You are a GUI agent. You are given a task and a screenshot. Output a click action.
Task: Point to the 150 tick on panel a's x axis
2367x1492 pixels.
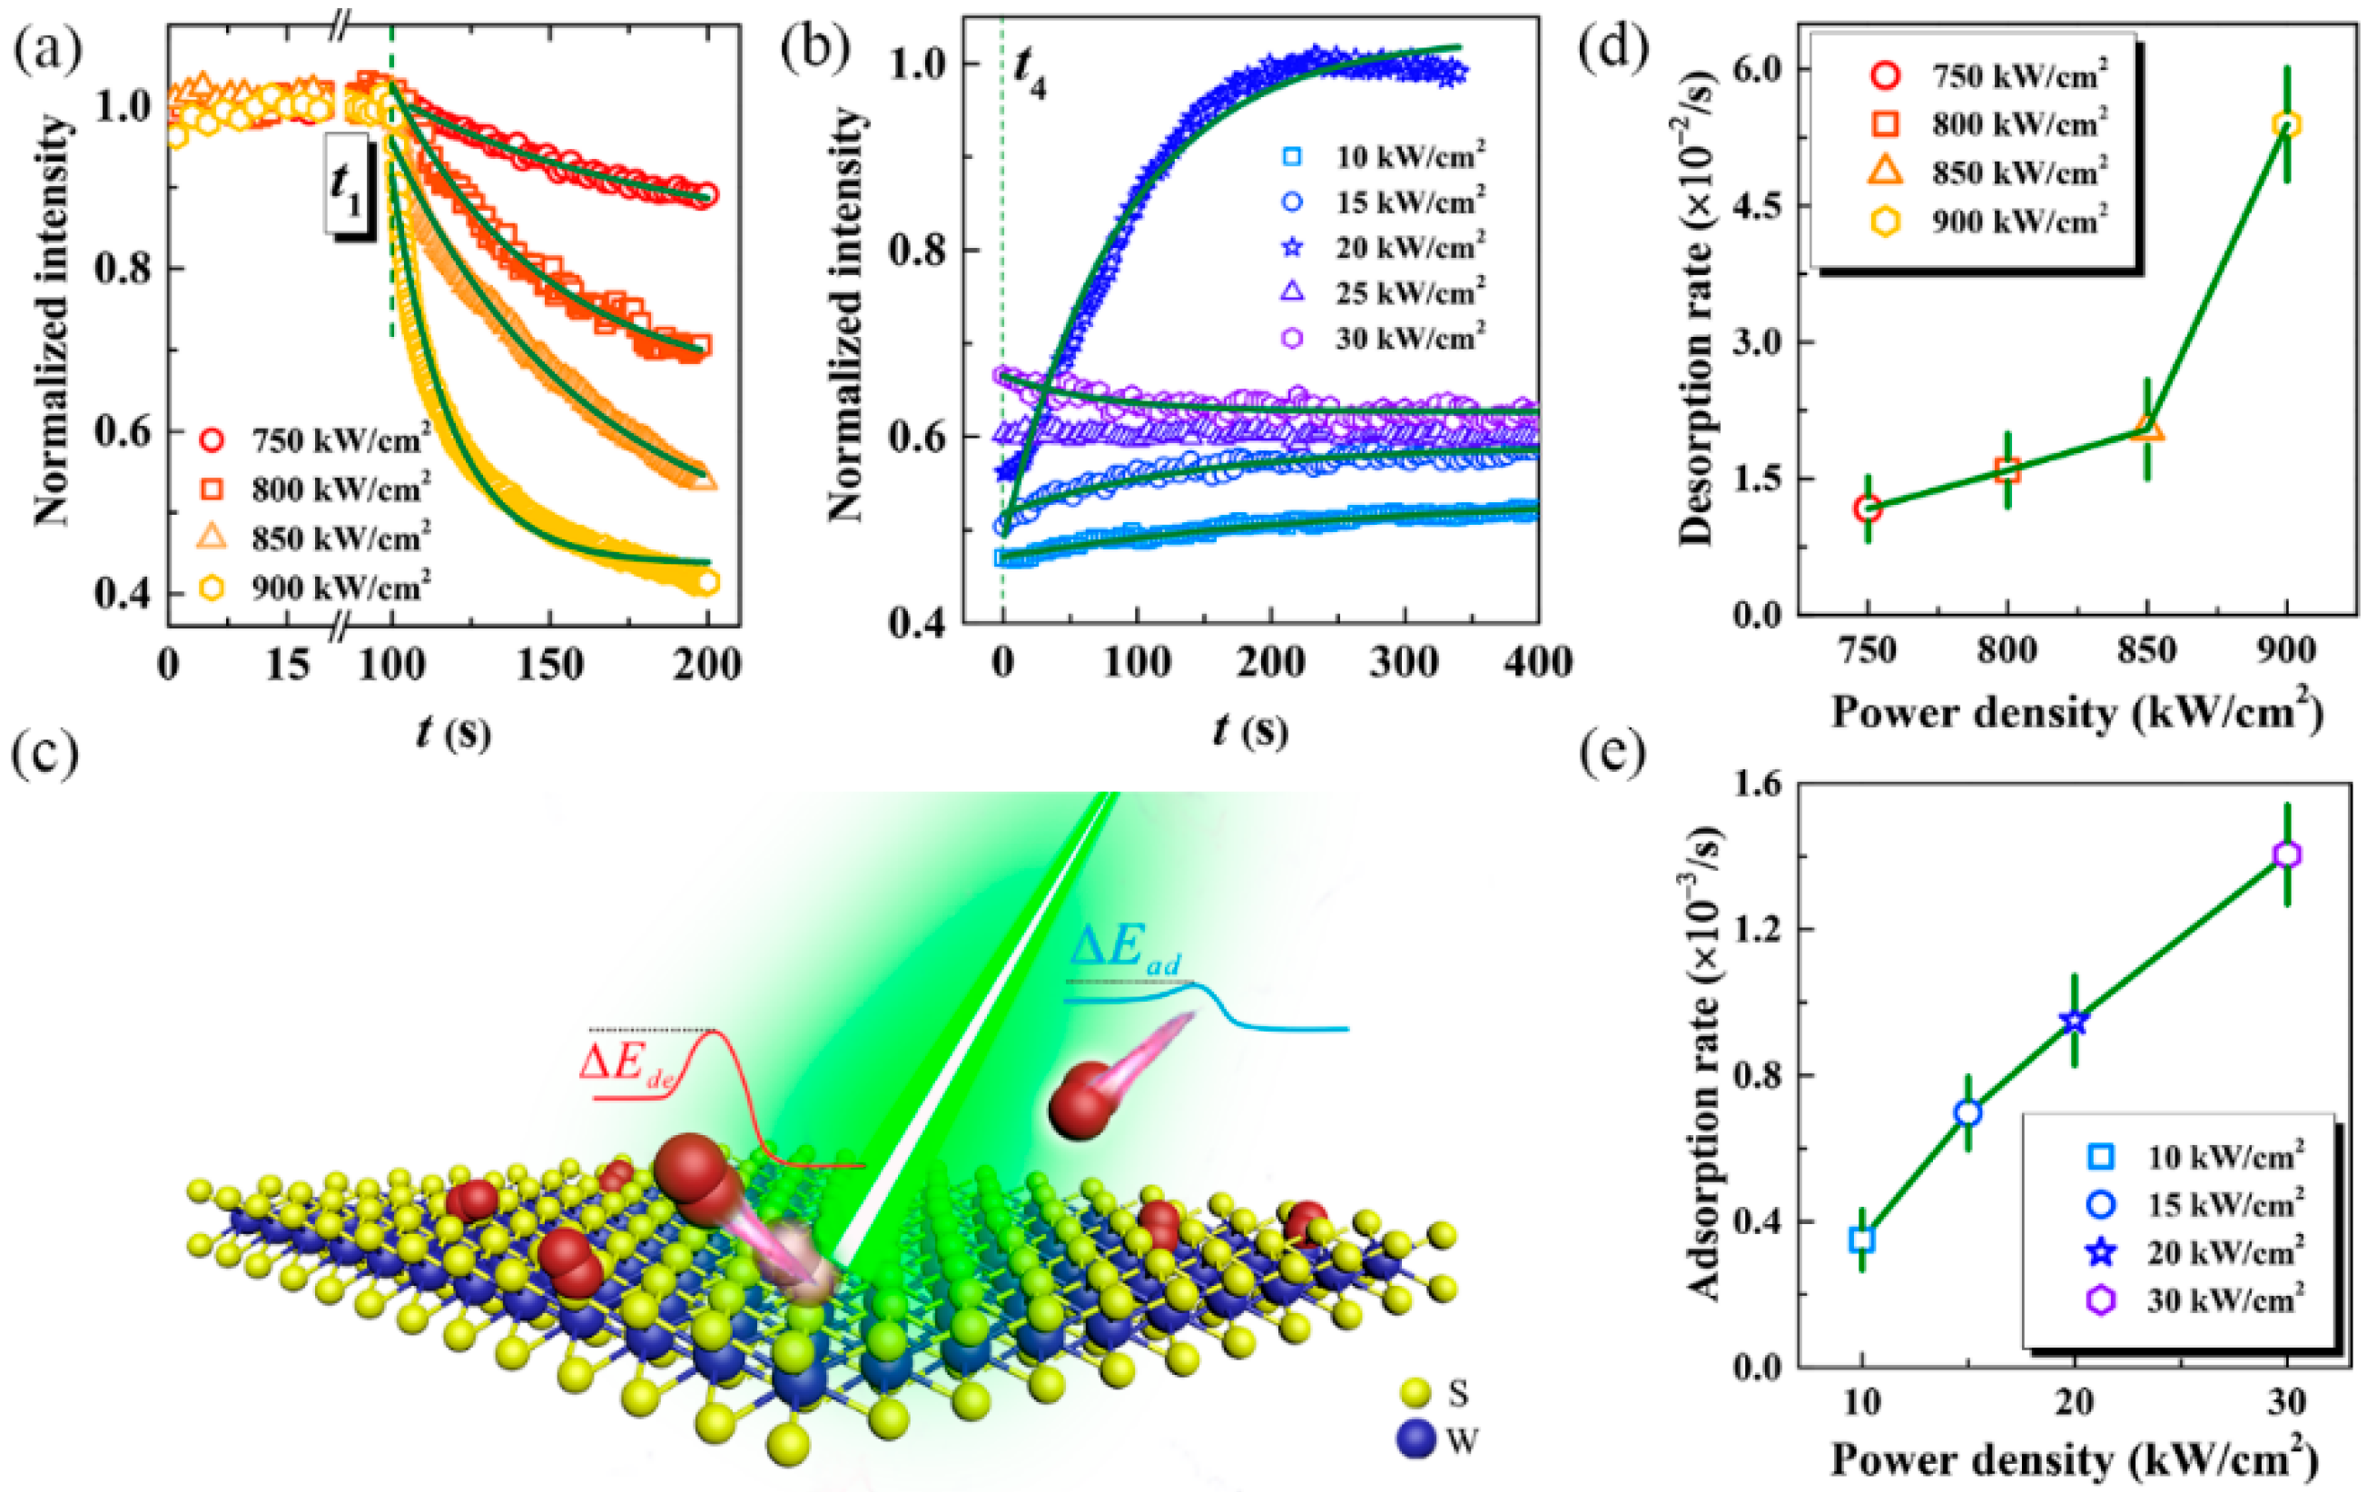point(549,666)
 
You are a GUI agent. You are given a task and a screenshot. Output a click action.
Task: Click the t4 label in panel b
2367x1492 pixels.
point(1030,74)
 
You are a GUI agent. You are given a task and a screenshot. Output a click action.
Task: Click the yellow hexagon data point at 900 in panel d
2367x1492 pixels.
point(2287,124)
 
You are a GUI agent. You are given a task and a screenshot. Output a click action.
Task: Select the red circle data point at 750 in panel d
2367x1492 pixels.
point(1868,509)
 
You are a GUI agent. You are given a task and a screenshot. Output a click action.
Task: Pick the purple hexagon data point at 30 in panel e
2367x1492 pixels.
point(2287,855)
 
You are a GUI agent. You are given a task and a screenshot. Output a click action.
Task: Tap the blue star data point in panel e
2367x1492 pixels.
point(2074,1023)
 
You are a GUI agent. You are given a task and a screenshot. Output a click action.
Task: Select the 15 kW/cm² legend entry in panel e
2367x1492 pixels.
point(2202,1205)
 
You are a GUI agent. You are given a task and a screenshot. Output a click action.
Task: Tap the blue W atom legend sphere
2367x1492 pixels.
point(1415,1440)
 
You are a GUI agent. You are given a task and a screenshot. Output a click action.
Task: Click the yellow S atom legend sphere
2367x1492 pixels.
point(1415,1393)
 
